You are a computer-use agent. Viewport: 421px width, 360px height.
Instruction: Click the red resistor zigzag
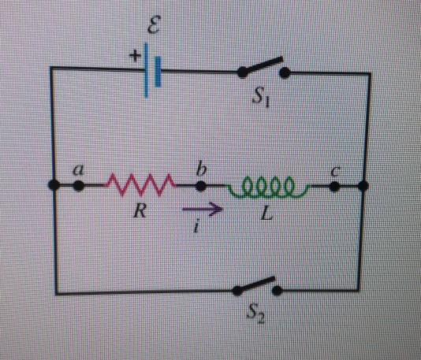(140, 187)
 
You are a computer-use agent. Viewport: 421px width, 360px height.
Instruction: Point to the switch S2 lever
(258, 285)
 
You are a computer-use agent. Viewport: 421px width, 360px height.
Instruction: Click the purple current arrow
(204, 210)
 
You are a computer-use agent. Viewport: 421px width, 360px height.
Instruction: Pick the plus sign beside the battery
(133, 57)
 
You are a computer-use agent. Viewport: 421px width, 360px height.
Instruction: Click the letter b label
(202, 168)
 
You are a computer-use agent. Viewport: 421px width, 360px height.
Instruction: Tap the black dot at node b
(202, 187)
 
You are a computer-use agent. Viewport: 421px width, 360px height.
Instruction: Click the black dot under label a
(79, 187)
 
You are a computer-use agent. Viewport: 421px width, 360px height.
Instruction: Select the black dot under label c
(334, 187)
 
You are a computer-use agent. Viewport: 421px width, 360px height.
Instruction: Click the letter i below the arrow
(202, 228)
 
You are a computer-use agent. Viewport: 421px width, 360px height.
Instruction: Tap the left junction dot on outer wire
(54, 187)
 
